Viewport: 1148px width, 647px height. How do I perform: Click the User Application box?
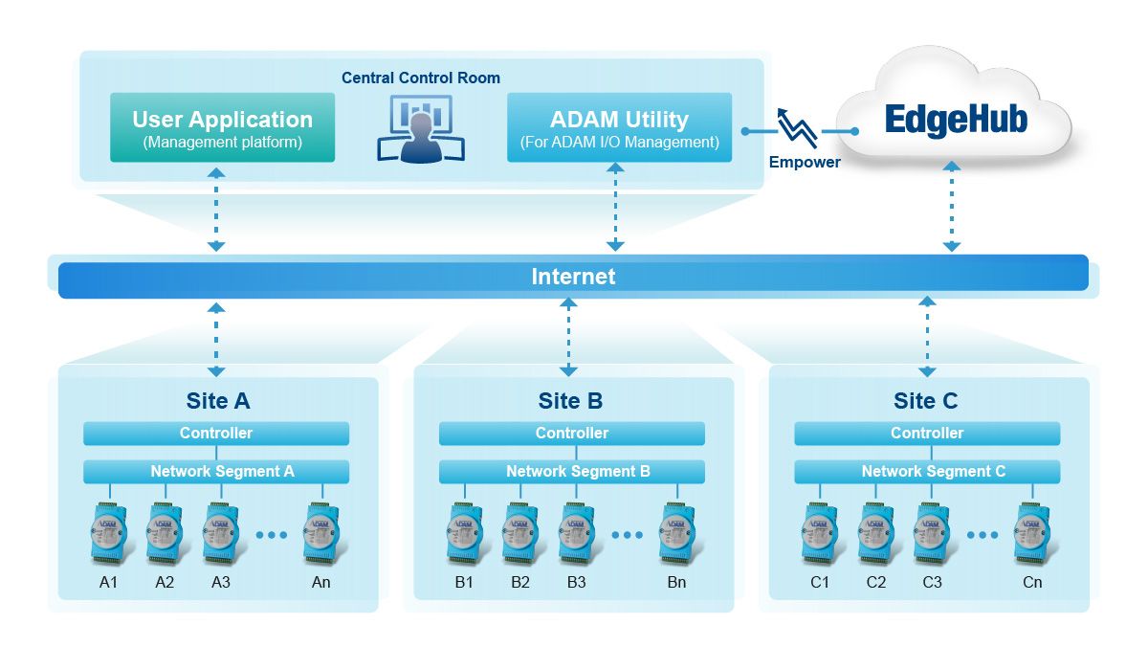[222, 127]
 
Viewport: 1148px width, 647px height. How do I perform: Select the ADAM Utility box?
[619, 127]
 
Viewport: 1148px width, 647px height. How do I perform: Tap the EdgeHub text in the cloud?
[955, 121]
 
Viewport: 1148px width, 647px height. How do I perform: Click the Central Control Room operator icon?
[421, 131]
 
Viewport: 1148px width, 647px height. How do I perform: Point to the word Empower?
[805, 162]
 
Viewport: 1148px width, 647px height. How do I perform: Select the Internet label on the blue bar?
[573, 277]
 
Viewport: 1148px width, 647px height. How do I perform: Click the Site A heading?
[217, 401]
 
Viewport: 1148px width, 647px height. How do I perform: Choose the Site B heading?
[571, 401]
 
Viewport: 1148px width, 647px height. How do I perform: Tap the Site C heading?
[926, 401]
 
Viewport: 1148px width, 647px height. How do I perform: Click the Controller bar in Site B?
[571, 434]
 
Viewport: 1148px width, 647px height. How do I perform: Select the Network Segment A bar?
[216, 471]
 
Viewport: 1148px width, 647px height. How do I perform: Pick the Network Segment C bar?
[927, 471]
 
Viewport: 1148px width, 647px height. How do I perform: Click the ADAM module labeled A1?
[107, 532]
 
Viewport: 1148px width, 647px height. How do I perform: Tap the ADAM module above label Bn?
[677, 532]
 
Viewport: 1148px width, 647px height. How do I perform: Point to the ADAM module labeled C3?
[932, 532]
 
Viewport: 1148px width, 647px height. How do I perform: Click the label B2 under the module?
[520, 582]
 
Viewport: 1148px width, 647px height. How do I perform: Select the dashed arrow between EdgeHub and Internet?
[951, 207]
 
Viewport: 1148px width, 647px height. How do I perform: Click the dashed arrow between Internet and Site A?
[216, 340]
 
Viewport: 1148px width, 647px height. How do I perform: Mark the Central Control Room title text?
[421, 78]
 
